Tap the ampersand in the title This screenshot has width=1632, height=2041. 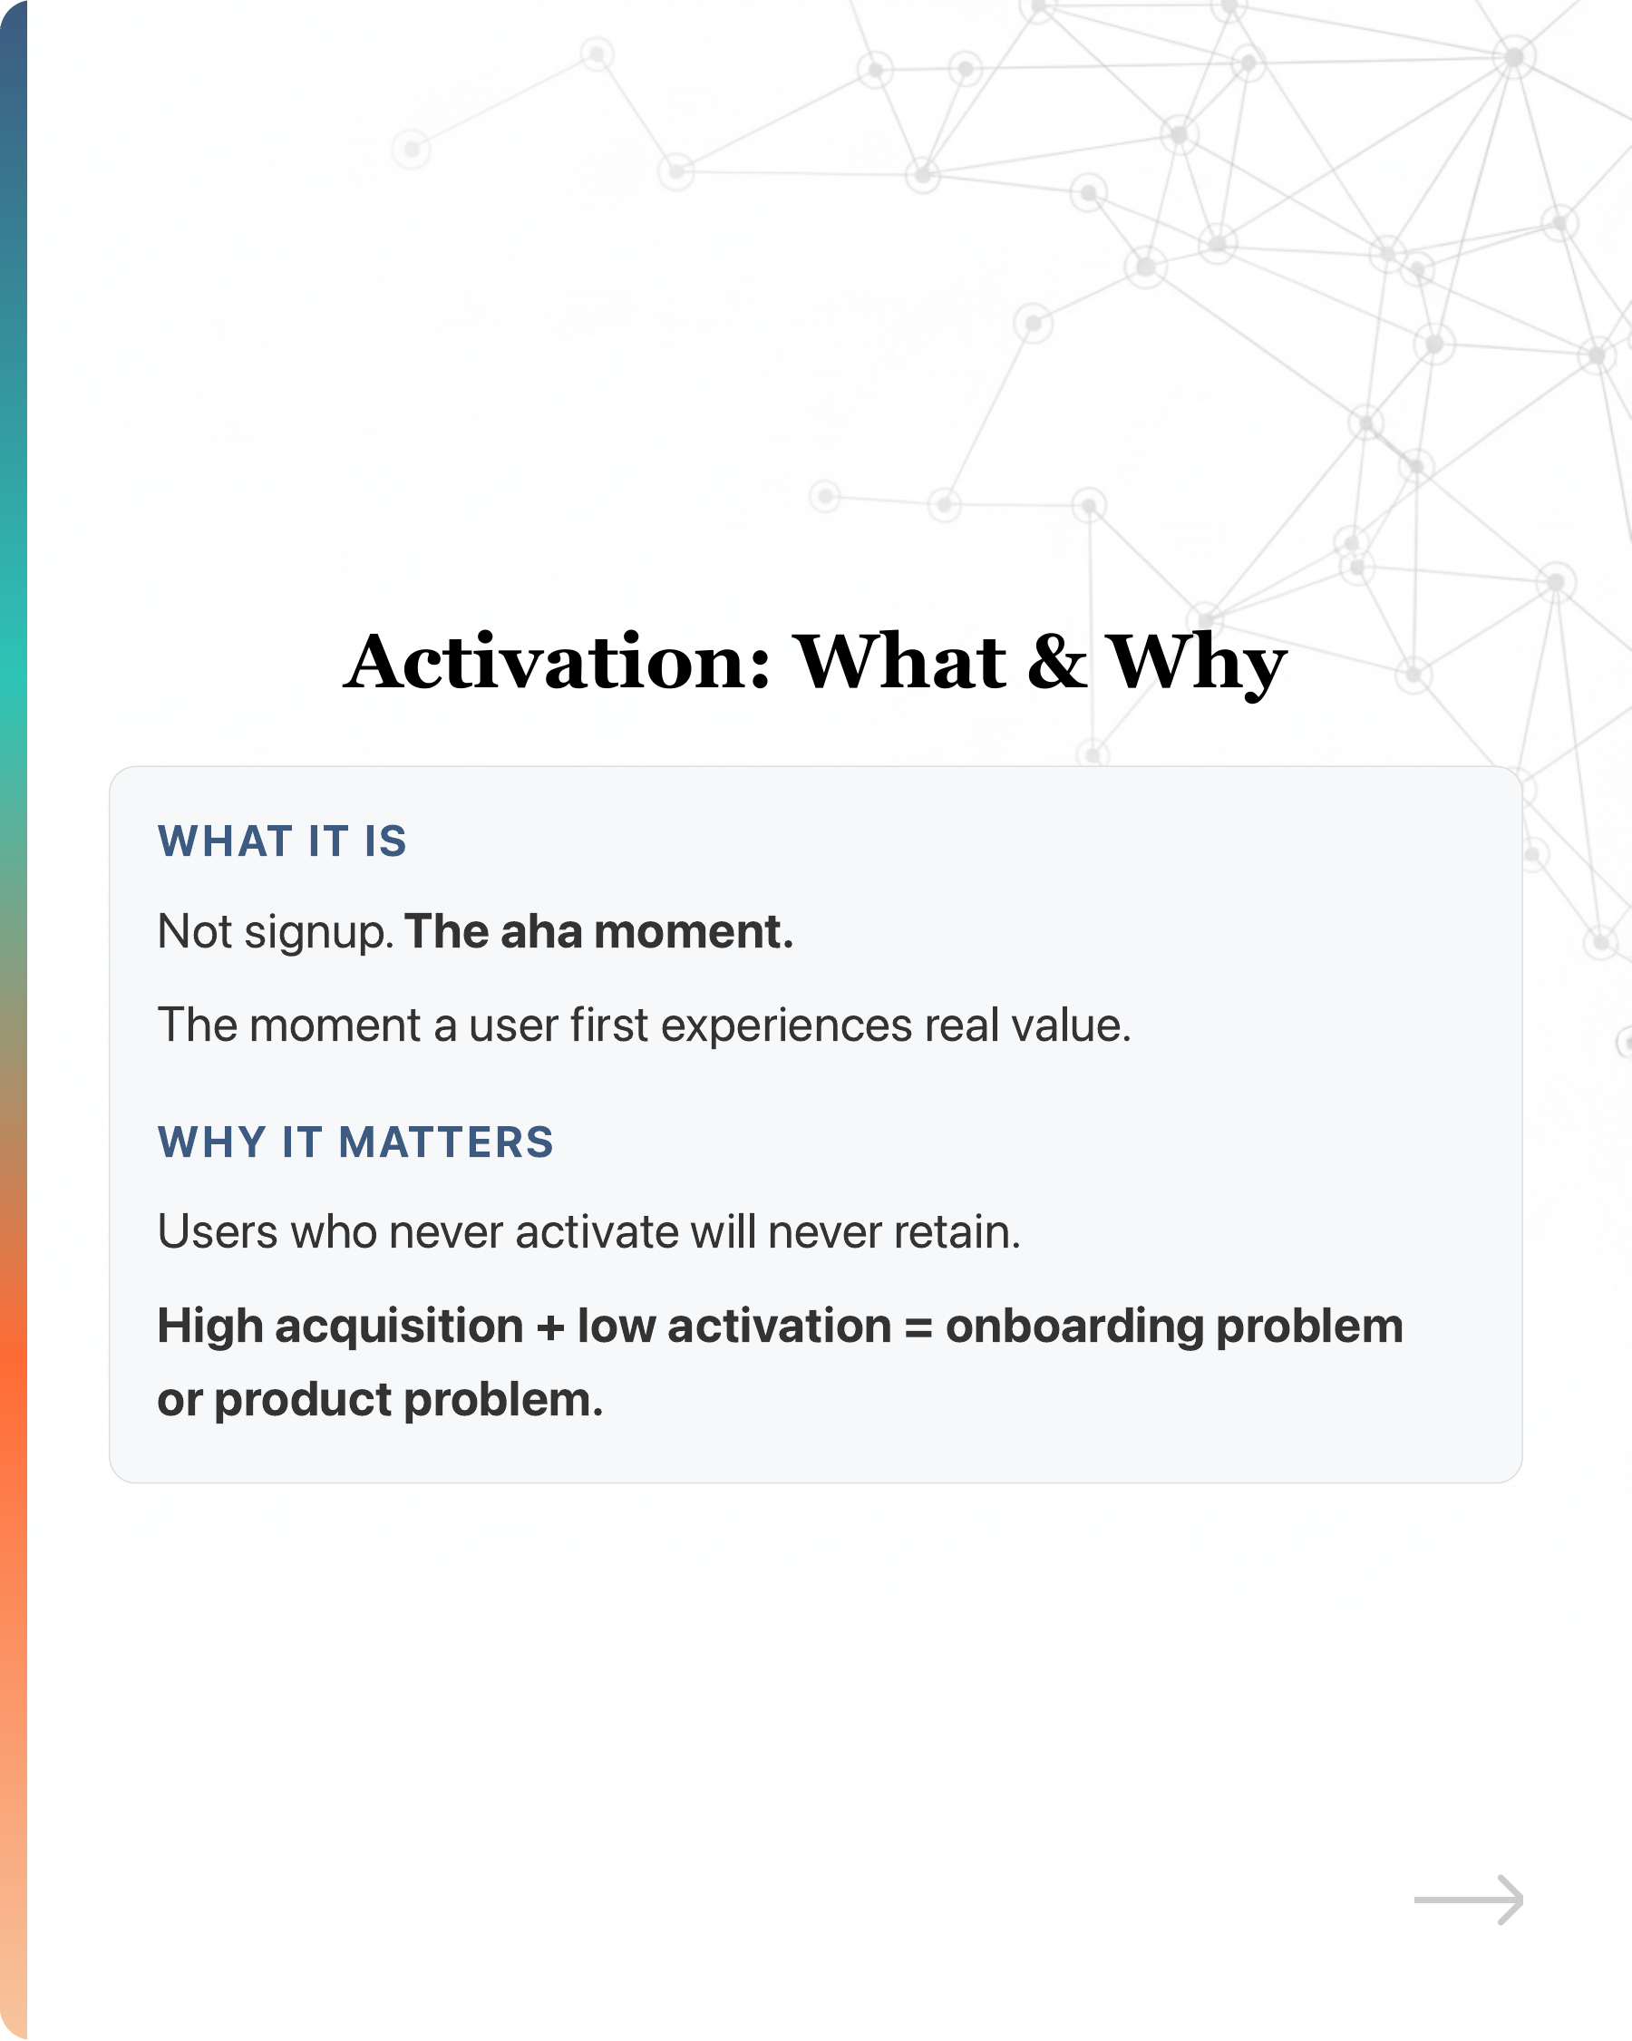1055,662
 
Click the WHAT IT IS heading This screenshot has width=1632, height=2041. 282,841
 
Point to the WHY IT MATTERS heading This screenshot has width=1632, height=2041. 355,1142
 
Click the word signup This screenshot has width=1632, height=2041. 319,933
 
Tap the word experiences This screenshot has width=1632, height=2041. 786,1026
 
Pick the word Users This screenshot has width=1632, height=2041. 218,1231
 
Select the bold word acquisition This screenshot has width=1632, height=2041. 399,1326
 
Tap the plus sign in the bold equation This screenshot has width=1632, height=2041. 550,1327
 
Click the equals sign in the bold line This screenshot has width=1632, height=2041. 918,1327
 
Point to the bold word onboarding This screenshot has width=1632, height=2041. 1073,1327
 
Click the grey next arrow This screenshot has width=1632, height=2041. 1468,1900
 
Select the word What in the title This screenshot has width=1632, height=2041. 899,662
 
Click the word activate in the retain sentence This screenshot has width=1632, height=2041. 597,1231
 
